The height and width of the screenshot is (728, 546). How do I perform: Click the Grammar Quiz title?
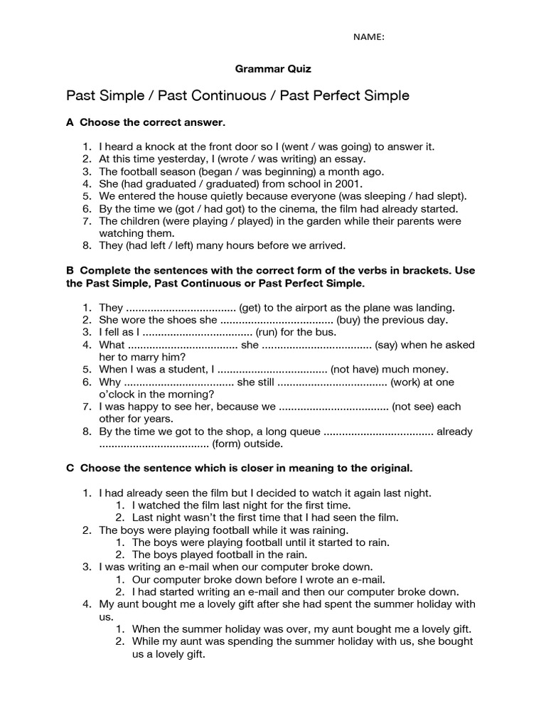(273, 69)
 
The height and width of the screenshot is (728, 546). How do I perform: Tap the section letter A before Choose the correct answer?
(70, 122)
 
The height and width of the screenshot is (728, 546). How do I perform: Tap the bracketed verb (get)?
(252, 308)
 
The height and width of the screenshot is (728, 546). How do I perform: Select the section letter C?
(70, 468)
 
